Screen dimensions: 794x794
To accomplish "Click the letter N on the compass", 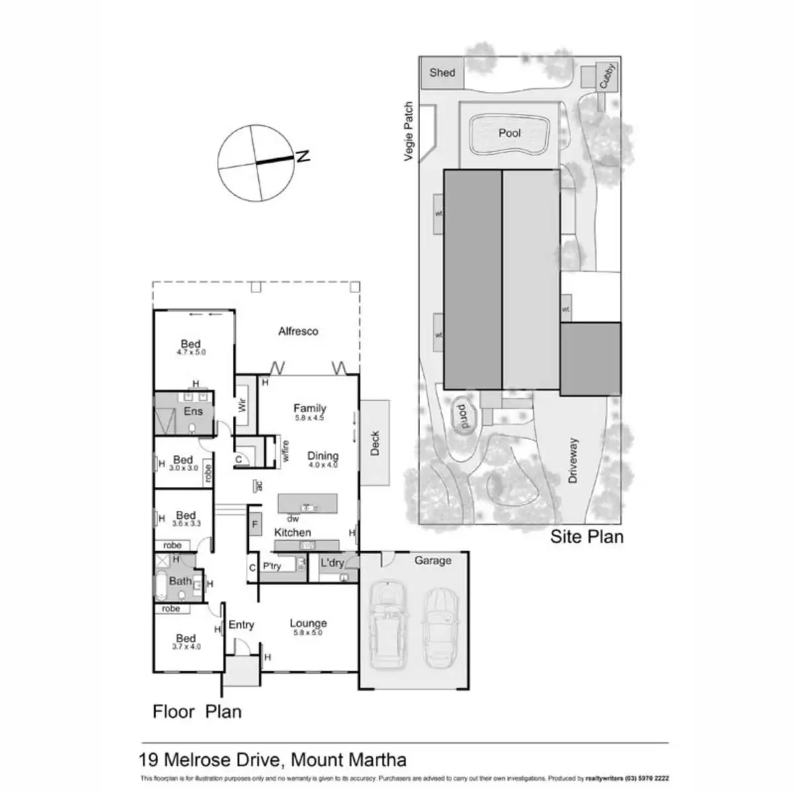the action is (x=304, y=157).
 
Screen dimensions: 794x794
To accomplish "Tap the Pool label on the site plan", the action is (x=509, y=133).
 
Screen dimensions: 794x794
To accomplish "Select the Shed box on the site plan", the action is (x=442, y=73).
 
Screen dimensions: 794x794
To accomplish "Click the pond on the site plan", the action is (x=462, y=417).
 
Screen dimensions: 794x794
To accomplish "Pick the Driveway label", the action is (x=573, y=460).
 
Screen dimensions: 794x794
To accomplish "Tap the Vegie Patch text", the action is (x=409, y=131).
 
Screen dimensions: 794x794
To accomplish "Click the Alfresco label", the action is (x=298, y=331).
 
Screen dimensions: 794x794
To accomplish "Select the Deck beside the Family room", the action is (x=375, y=443).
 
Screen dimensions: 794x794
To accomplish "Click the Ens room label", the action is (x=193, y=412).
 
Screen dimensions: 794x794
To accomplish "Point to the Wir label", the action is (x=243, y=404).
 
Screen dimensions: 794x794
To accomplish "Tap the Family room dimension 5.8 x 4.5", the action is (x=310, y=418).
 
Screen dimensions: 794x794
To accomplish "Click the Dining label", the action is (x=323, y=456).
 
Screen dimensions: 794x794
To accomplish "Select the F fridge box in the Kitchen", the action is (x=255, y=525).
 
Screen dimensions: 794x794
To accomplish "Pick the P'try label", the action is (x=272, y=566).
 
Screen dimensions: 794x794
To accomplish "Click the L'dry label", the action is (x=332, y=564).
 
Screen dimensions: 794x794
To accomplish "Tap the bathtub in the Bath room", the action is (x=161, y=586).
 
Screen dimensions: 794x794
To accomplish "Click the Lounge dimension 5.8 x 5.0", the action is (x=308, y=633).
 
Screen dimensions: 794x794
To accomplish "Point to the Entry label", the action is (x=242, y=625).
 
